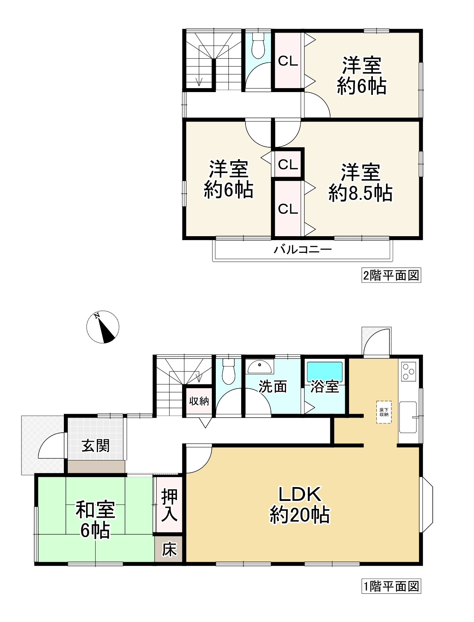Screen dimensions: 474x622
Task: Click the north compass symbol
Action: pyautogui.click(x=103, y=327)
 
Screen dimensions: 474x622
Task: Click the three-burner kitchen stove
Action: pyautogui.click(x=409, y=371)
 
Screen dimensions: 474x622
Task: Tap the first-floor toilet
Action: pyautogui.click(x=228, y=372)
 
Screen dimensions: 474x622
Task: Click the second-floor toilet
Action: pyautogui.click(x=258, y=45)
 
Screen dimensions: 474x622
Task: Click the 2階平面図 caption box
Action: pyautogui.click(x=391, y=275)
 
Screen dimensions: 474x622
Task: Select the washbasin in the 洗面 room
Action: pyautogui.click(x=260, y=366)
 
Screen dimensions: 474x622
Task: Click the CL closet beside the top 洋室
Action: pyautogui.click(x=288, y=61)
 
